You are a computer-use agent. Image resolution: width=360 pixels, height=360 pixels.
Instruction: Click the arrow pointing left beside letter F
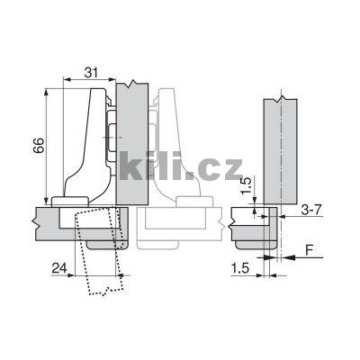click(x=287, y=257)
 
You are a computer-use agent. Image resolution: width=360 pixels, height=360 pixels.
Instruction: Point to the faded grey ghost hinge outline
click(x=175, y=153)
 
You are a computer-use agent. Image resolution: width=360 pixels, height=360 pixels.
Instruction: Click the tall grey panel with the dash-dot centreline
click(x=281, y=148)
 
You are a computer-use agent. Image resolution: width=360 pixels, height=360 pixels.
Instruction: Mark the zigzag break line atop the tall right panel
click(x=281, y=97)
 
